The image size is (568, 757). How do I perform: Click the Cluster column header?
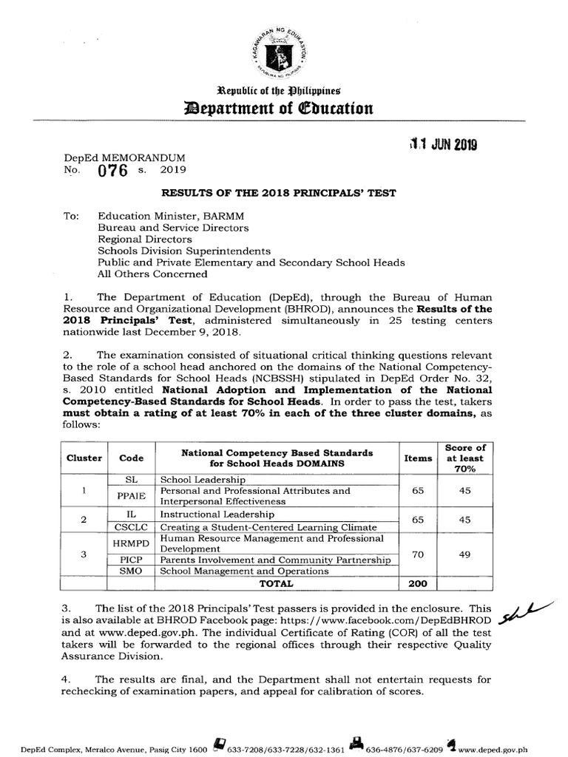pos(84,458)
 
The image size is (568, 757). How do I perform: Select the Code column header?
pos(132,458)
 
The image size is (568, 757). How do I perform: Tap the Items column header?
pos(418,458)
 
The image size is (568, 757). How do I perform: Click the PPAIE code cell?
pos(132,496)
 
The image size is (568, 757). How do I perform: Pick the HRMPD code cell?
pos(132,543)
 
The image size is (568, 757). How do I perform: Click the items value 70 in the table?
pos(418,554)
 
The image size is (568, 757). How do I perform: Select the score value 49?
pos(464,554)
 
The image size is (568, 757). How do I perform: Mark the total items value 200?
pos(418,583)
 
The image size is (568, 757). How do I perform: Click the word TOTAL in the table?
pos(277,583)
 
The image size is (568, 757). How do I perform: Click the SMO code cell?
pos(132,571)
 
